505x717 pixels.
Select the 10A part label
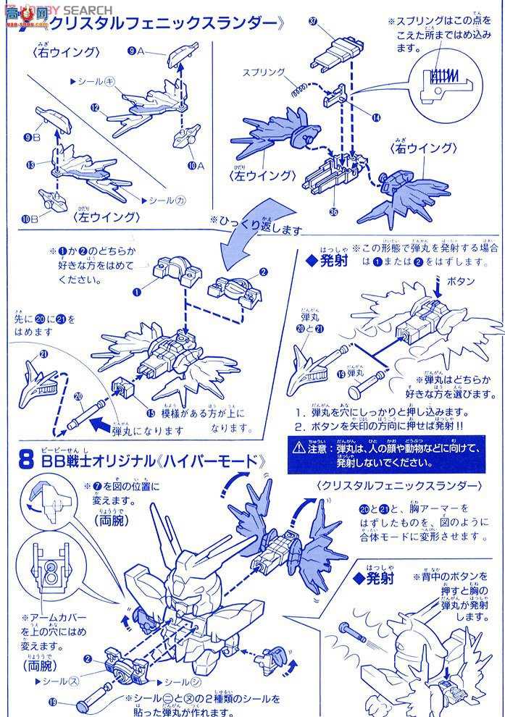pyautogui.click(x=194, y=165)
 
